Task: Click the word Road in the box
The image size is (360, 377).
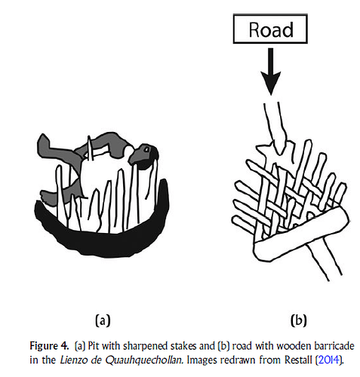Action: point(271,30)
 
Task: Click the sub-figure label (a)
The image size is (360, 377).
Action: point(103,320)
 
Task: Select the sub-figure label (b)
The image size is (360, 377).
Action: point(299,320)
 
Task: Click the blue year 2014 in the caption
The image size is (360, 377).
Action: point(328,360)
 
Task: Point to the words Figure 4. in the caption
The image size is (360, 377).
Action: point(49,346)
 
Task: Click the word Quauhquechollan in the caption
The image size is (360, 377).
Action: point(143,360)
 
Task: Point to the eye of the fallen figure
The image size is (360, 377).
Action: point(146,149)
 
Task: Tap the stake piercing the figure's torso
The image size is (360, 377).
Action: point(90,149)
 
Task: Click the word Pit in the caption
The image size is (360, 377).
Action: point(94,346)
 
